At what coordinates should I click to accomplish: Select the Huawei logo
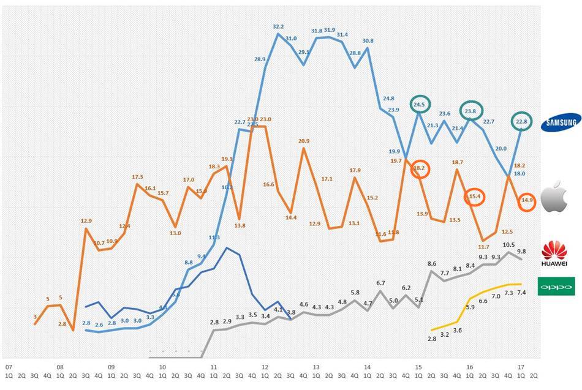point(555,254)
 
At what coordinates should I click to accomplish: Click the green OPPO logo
point(556,286)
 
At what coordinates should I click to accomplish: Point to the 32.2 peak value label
point(278,27)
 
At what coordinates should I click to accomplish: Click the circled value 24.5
point(420,105)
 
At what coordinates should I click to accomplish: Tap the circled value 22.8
point(522,121)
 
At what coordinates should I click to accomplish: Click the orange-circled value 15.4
point(475,197)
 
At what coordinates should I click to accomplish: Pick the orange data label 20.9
point(303,141)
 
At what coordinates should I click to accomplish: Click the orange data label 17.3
point(137,177)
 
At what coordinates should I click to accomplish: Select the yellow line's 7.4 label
point(521,293)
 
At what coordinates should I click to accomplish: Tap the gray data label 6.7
point(380,283)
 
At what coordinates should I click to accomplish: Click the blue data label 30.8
point(368,41)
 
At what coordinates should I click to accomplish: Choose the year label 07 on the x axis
point(9,367)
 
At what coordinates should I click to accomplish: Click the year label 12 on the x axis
point(264,367)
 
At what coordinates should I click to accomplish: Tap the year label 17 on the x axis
point(521,367)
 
